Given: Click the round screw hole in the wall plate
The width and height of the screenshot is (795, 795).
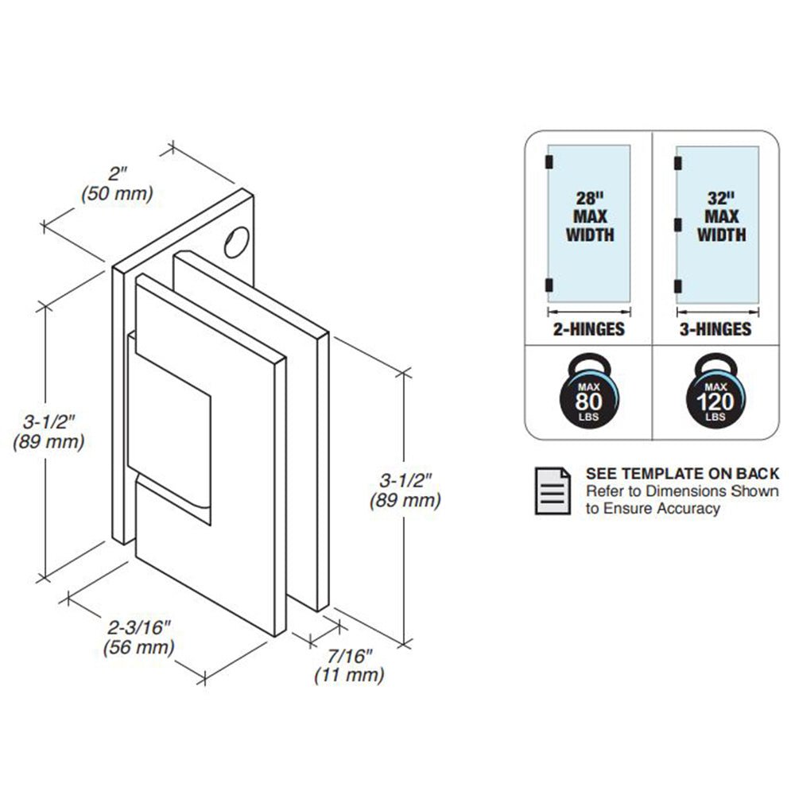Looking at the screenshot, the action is click(237, 242).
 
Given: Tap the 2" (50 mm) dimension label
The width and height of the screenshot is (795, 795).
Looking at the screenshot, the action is click(117, 184).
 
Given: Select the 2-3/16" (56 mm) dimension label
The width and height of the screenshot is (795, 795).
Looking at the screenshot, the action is click(138, 638).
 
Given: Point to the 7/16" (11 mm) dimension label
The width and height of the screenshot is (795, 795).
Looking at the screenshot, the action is click(349, 665).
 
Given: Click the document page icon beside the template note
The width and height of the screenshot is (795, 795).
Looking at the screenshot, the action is click(553, 491).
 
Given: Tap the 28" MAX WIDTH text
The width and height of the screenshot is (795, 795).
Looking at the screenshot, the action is click(590, 216).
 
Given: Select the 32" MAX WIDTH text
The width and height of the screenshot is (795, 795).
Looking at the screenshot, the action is click(721, 216).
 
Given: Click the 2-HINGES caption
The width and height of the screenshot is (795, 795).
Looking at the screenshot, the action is click(588, 329).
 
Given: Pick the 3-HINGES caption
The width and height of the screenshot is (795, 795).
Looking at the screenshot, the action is click(715, 329).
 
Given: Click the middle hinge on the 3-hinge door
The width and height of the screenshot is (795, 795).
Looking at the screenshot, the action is click(678, 225).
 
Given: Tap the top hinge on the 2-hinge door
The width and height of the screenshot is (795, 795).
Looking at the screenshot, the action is click(549, 161).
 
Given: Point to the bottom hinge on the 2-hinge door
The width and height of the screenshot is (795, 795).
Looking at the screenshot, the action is click(549, 285).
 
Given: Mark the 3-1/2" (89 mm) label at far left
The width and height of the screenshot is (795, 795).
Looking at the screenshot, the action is click(48, 432).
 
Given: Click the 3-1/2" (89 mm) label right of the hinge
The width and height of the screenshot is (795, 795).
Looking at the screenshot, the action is click(405, 491).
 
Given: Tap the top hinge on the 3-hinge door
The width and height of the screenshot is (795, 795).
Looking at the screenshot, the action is click(678, 163).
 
